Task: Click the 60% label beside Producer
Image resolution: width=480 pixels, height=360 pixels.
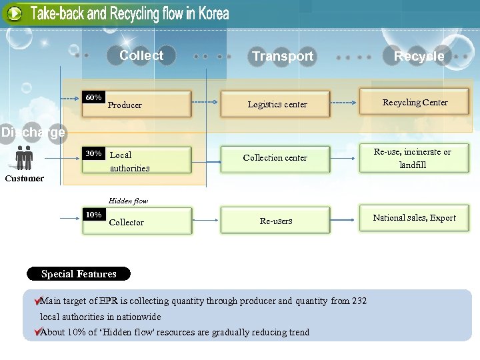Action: point(94,98)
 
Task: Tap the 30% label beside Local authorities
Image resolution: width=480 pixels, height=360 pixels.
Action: point(94,153)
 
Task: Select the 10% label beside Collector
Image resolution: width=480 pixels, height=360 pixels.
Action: point(94,215)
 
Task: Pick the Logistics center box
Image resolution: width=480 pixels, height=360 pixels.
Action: point(276,105)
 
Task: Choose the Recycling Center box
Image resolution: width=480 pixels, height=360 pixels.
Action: point(415,102)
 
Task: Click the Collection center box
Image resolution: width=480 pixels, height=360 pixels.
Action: point(275,158)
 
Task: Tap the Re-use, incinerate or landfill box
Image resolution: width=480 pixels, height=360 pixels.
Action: point(413,159)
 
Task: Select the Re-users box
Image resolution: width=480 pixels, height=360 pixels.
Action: point(276,221)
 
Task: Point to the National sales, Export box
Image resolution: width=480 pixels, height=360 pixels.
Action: point(415,218)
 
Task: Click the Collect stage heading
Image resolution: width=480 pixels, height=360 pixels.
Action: point(141,56)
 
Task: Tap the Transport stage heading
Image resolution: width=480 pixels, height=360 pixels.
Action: point(283,57)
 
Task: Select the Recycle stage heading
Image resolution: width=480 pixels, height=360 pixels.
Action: point(419,57)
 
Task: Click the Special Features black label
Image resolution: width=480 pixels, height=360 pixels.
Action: point(79,274)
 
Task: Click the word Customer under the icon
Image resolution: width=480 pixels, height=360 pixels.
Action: point(25,178)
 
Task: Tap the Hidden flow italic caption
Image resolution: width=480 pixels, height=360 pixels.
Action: point(128,201)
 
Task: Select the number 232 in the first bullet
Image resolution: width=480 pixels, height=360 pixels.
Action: point(359,301)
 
